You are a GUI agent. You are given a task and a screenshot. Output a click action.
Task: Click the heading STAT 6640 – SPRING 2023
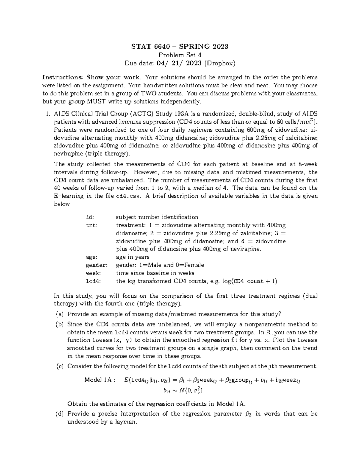(180, 47)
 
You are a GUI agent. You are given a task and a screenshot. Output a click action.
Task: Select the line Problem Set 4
(180, 55)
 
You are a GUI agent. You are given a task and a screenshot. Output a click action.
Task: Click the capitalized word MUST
(95, 101)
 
